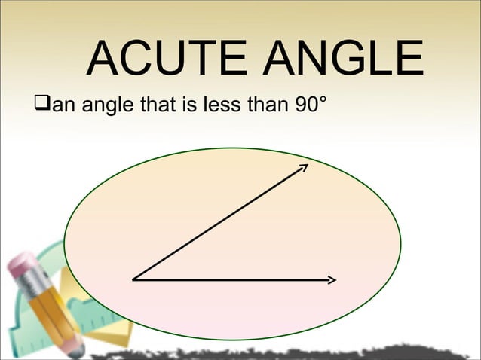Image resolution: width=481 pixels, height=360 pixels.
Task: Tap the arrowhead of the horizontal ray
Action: coord(331,280)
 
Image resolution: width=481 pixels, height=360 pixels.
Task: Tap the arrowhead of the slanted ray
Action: coord(304,166)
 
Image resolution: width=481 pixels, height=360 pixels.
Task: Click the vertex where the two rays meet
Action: coord(133,279)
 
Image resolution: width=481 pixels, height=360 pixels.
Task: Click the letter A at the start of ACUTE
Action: coord(103,59)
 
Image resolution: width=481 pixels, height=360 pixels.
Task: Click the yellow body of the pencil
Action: coord(57,317)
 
